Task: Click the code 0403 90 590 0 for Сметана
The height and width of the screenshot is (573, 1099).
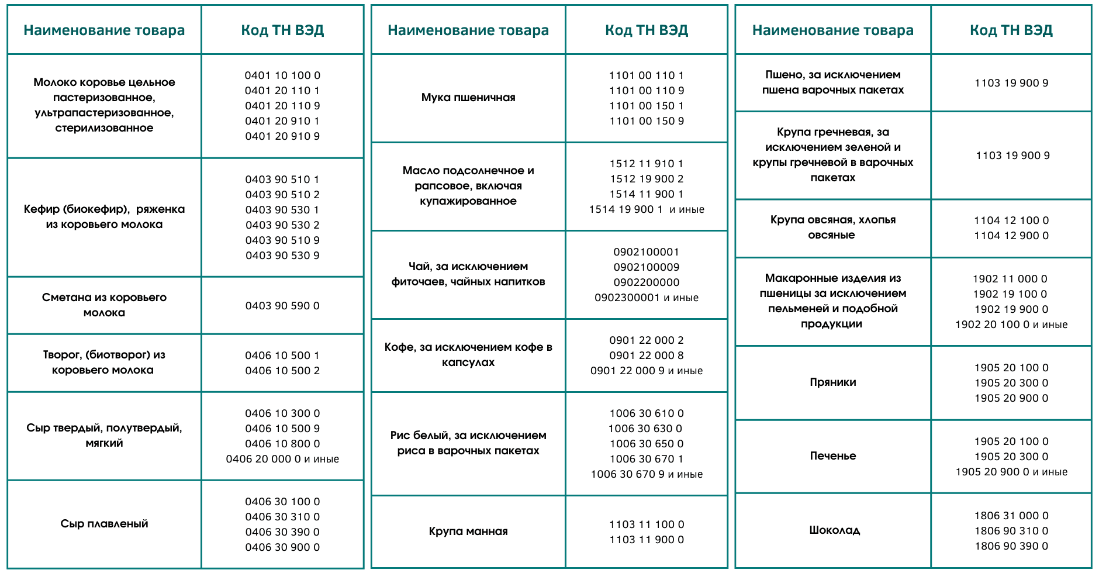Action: (x=282, y=306)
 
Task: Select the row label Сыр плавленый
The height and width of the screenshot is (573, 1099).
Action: (x=104, y=524)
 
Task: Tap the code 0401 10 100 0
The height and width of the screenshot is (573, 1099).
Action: (x=282, y=75)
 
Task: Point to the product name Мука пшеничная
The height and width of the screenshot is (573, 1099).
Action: (x=468, y=98)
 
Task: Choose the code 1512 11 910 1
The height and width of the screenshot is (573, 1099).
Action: (x=647, y=164)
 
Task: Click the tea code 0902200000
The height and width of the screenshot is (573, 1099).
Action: (x=647, y=282)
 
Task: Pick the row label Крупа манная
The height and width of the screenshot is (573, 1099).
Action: (x=468, y=531)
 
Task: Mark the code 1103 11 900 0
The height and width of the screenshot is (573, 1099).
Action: (x=647, y=540)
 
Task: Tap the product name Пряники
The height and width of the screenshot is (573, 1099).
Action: (x=833, y=382)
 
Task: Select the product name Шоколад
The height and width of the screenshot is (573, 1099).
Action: (x=834, y=530)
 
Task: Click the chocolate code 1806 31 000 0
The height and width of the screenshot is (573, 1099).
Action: (x=1011, y=516)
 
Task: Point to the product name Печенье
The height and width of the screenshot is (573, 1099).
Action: (x=833, y=456)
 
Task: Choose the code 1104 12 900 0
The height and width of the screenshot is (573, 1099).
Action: (x=1011, y=236)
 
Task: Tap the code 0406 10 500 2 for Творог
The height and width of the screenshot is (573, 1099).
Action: (x=282, y=371)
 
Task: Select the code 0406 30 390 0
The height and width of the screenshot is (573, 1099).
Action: (x=282, y=532)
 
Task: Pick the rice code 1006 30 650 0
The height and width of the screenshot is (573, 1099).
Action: (x=647, y=444)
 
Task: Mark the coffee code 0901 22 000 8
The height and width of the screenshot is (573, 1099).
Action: (x=647, y=355)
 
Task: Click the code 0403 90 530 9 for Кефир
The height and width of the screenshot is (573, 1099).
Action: (x=282, y=256)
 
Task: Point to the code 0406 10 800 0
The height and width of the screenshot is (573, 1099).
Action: (x=282, y=444)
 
